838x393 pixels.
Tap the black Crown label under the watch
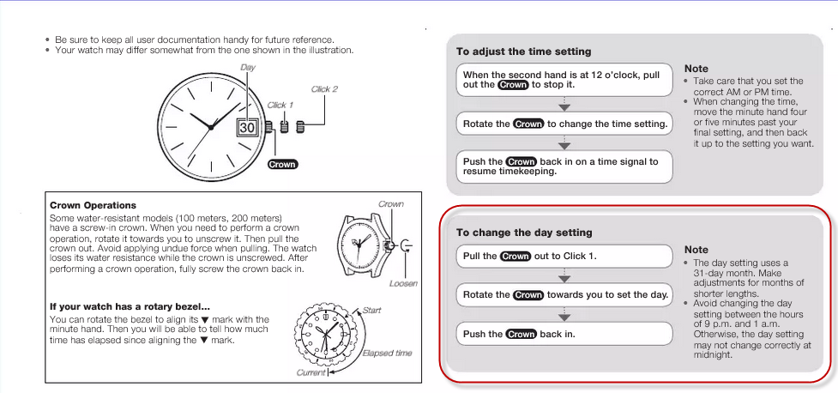click(282, 164)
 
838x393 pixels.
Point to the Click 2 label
click(324, 89)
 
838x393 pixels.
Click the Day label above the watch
click(248, 67)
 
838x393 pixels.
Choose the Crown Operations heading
click(93, 205)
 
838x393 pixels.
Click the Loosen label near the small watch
click(402, 282)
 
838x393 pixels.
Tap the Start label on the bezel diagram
click(371, 310)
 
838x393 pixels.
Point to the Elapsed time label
click(387, 353)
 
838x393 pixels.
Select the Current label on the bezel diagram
click(310, 372)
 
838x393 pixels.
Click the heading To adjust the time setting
click(523, 51)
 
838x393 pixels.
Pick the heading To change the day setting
click(524, 233)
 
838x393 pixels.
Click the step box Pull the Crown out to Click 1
click(564, 256)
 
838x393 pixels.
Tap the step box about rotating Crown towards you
click(564, 294)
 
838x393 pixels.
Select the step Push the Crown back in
click(564, 334)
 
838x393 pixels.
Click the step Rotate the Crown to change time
click(564, 124)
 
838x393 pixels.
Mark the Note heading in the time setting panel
click(696, 69)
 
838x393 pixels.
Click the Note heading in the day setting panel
click(696, 250)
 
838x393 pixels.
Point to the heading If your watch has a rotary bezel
click(130, 306)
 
